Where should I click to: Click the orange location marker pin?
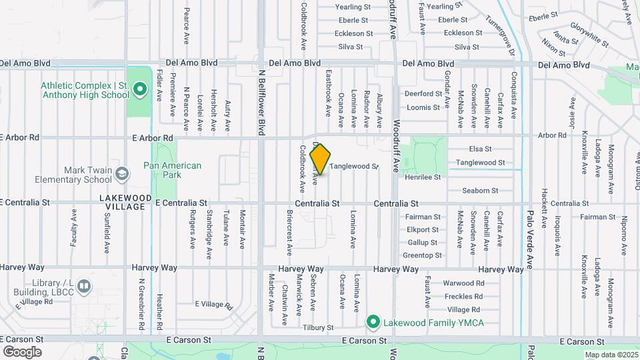click(x=320, y=159)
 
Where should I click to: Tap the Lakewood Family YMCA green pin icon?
click(x=373, y=323)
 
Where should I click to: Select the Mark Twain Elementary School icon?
click(x=122, y=175)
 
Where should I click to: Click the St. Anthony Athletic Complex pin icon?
click(x=139, y=89)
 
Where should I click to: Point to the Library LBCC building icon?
click(x=83, y=287)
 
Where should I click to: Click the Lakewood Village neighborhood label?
click(x=122, y=202)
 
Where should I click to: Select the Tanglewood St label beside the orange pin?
click(x=353, y=166)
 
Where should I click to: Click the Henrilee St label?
click(x=423, y=177)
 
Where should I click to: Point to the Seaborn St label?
click(x=476, y=191)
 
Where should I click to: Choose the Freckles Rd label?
click(x=464, y=296)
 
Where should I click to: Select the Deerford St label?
click(x=423, y=94)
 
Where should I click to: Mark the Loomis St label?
click(x=423, y=107)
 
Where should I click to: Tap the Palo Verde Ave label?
click(x=531, y=237)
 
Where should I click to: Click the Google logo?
click(x=22, y=352)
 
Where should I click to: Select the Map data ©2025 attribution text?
click(x=611, y=355)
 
